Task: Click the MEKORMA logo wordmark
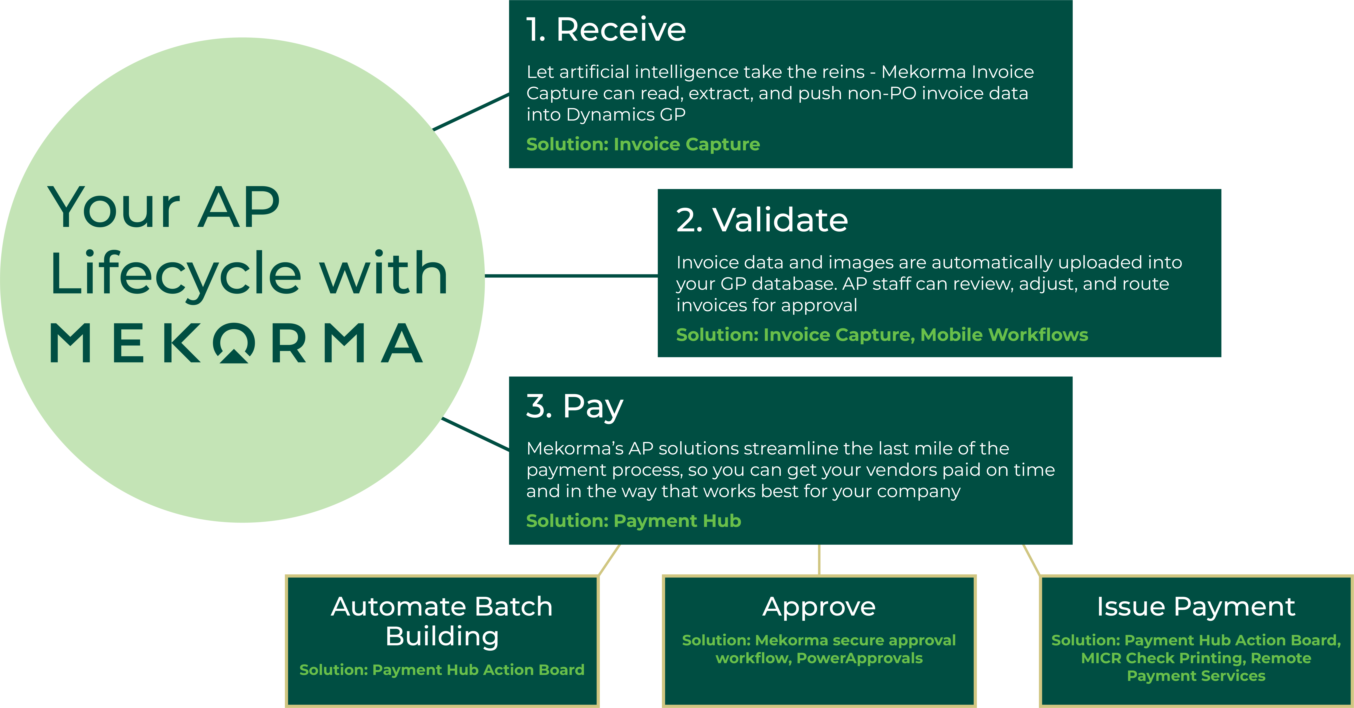pos(236,343)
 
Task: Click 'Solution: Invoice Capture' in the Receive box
pos(643,144)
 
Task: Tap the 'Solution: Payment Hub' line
pos(633,521)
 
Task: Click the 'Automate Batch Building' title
pos(442,621)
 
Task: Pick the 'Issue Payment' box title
pos(1196,606)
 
